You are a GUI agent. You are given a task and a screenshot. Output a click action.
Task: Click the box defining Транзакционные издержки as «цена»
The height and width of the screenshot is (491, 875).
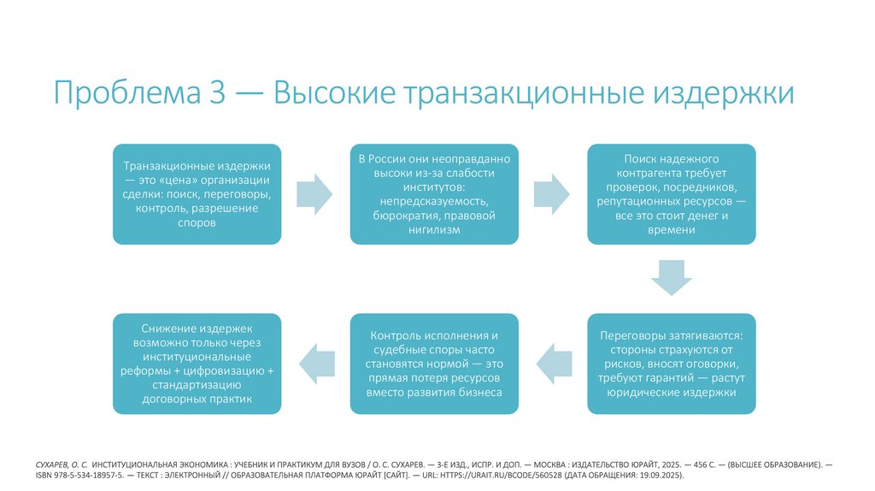pyautogui.click(x=197, y=193)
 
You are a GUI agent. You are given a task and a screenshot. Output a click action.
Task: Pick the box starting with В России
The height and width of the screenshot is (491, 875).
pyautogui.click(x=434, y=193)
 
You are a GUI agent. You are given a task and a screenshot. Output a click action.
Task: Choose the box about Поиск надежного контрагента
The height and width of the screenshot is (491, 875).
pyautogui.click(x=671, y=193)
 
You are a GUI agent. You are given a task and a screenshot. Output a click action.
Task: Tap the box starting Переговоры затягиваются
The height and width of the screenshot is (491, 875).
pyautogui.click(x=671, y=364)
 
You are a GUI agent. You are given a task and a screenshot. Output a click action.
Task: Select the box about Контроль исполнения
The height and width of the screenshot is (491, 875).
pyautogui.click(x=434, y=364)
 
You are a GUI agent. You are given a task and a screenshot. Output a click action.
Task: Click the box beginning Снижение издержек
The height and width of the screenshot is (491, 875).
pyautogui.click(x=197, y=364)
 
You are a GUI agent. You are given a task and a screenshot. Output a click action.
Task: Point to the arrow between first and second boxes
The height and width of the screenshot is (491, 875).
pyautogui.click(x=314, y=194)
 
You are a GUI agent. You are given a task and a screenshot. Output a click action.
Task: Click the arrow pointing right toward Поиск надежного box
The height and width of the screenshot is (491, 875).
pyautogui.click(x=552, y=194)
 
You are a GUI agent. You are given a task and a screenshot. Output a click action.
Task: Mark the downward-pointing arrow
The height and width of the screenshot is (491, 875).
pyautogui.click(x=671, y=277)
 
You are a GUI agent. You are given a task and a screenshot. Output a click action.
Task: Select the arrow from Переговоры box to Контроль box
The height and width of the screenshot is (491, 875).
pyautogui.click(x=552, y=364)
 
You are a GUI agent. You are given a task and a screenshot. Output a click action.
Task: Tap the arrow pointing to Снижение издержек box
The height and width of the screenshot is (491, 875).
pyautogui.click(x=314, y=364)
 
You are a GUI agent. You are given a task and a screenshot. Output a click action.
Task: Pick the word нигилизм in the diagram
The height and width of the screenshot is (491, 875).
pyautogui.click(x=434, y=231)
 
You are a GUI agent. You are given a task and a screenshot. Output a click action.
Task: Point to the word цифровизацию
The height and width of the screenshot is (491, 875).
pyautogui.click(x=232, y=370)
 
